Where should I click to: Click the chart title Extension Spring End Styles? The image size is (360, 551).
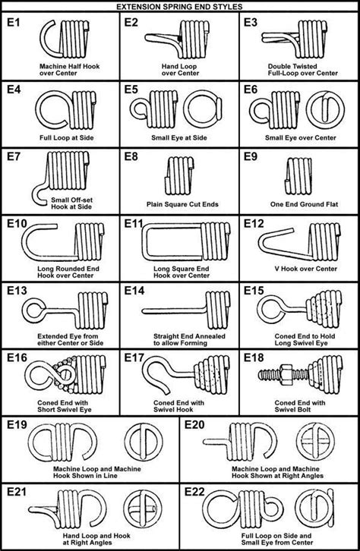click(180, 6)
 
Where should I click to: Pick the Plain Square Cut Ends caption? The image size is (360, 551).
click(180, 204)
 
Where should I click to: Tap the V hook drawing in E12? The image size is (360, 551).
click(279, 245)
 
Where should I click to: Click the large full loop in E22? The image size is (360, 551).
click(226, 516)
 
